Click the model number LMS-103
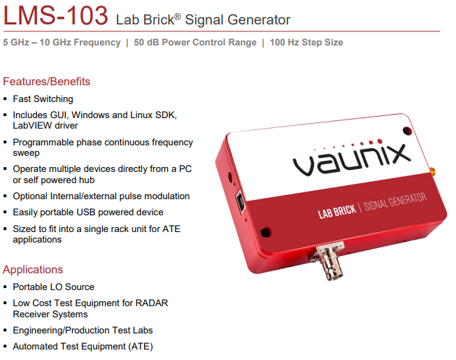pyautogui.click(x=55, y=15)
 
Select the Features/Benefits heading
pyautogui.click(x=47, y=82)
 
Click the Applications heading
pyautogui.click(x=33, y=270)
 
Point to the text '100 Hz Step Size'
pyautogui.click(x=306, y=43)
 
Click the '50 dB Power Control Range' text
pyautogui.click(x=195, y=43)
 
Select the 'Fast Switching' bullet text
pyautogui.click(x=43, y=99)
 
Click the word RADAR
pyautogui.click(x=152, y=303)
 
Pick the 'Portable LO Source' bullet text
pyautogui.click(x=54, y=287)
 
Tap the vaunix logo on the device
pyautogui.click(x=351, y=158)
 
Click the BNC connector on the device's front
pyautogui.click(x=330, y=261)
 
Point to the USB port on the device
pyautogui.click(x=241, y=201)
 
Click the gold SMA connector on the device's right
pyautogui.click(x=432, y=172)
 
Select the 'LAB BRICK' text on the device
pyautogui.click(x=337, y=212)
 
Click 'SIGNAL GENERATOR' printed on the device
pyautogui.click(x=395, y=201)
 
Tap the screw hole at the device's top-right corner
pyautogui.click(x=407, y=131)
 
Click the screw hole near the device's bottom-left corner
pyautogui.click(x=266, y=232)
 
